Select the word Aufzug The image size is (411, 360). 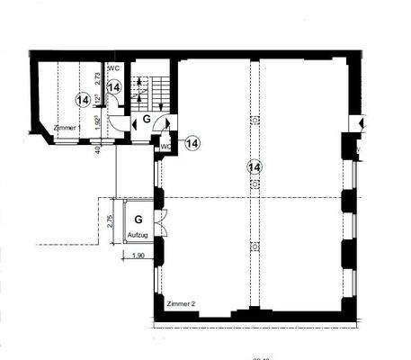click(x=138, y=234)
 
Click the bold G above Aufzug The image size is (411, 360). click(x=138, y=220)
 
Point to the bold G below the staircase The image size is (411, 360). click(x=146, y=118)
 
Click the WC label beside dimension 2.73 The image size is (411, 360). click(x=113, y=67)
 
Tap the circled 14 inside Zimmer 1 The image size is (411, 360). click(x=84, y=99)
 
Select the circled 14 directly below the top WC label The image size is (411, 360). click(x=114, y=87)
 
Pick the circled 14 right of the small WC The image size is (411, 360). click(x=192, y=143)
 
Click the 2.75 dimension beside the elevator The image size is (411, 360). click(x=110, y=222)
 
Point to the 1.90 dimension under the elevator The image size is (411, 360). click(x=138, y=257)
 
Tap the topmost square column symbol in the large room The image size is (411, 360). click(x=255, y=120)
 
